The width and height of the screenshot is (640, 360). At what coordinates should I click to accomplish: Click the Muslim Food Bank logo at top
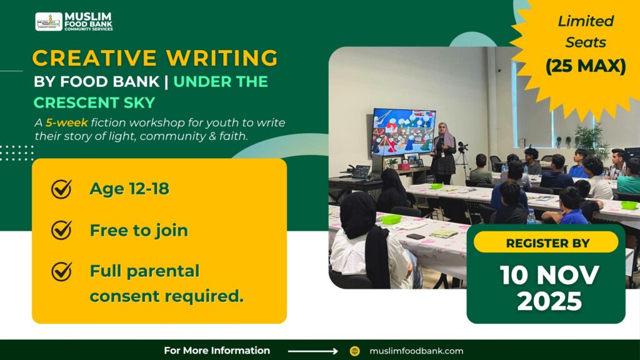[x=74, y=21]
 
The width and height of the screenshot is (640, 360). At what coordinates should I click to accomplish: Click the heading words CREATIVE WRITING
[x=155, y=58]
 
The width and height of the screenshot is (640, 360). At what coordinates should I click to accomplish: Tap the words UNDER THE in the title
[x=221, y=81]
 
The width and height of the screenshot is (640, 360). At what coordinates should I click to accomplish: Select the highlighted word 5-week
[x=66, y=122]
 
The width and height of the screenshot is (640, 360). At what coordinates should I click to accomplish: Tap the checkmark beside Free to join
[x=61, y=231]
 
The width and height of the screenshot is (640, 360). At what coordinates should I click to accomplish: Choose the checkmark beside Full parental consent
[x=61, y=271]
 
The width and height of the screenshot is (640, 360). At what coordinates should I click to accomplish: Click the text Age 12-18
[x=129, y=189]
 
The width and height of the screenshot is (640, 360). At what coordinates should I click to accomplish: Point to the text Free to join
[x=139, y=231]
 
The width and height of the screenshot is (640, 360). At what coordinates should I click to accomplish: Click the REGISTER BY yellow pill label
[x=545, y=242]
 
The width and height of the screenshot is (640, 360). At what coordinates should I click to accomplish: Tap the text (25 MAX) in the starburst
[x=586, y=66]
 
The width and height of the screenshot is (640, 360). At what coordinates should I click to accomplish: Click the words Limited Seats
[x=586, y=31]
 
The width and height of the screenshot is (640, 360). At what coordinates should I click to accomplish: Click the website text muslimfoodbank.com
[x=416, y=351]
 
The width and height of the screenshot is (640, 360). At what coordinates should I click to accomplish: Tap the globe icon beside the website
[x=355, y=351]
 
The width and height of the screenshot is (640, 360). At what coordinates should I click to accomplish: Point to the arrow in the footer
[x=312, y=351]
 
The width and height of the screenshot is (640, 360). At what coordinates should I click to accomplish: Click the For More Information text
[x=217, y=351]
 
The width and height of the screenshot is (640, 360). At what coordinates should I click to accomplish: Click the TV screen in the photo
[x=403, y=132]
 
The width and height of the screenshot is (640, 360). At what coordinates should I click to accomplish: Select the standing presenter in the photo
[x=444, y=152]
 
